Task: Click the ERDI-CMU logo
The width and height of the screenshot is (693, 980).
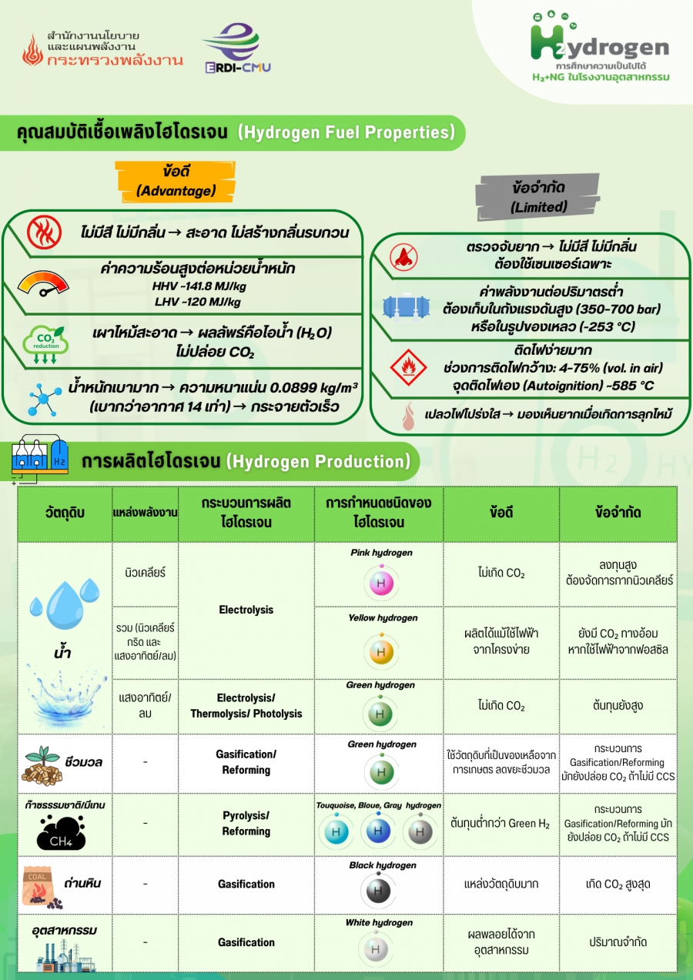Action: click(x=237, y=48)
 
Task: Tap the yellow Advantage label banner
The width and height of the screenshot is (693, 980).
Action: click(x=176, y=180)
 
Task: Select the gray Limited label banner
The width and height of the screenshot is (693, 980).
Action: click(x=538, y=196)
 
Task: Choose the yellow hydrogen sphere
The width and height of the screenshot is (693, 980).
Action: click(x=380, y=651)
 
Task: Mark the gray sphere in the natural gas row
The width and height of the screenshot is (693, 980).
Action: click(x=418, y=831)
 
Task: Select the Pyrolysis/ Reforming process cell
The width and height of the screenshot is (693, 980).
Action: click(x=246, y=823)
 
